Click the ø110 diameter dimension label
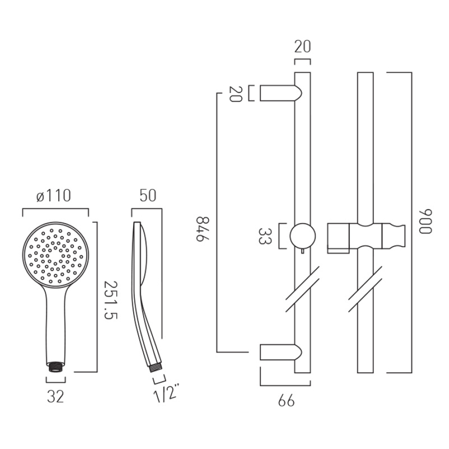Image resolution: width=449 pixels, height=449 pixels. coord(53,196)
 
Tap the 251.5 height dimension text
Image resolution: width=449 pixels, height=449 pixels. coord(111,300)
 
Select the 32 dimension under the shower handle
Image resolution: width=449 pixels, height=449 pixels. coord(56,397)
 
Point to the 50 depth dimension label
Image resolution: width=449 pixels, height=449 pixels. coord(148,195)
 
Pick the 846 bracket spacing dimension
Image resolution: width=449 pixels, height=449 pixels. coord(203,229)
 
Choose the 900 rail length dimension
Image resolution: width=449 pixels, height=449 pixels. coord(425,222)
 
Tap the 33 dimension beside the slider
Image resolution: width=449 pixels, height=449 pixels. coord(264,236)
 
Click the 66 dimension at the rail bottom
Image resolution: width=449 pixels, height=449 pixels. coord(286,401)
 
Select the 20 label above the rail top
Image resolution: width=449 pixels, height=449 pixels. coord(303,47)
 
